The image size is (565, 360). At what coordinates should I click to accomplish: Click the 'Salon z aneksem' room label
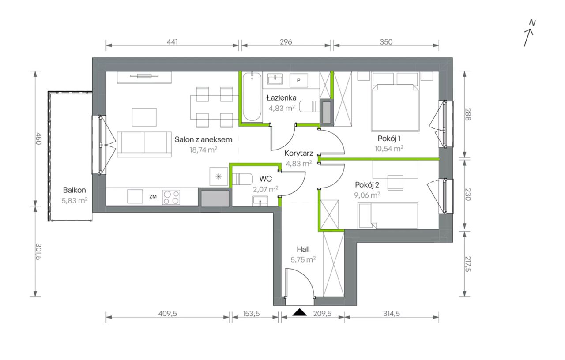(x=203, y=139)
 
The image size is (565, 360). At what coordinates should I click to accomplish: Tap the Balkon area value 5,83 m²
(x=75, y=201)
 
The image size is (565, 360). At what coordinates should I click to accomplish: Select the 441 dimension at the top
(x=172, y=41)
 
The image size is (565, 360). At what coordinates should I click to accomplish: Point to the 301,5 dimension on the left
(x=38, y=251)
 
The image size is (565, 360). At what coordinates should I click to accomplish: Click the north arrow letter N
(x=532, y=22)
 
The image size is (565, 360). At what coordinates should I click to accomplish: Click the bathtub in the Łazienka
(x=252, y=97)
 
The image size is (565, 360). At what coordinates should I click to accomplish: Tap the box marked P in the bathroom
(x=299, y=80)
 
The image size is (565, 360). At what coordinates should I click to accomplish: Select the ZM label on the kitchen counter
(x=153, y=196)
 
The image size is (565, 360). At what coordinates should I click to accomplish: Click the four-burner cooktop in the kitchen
(x=171, y=197)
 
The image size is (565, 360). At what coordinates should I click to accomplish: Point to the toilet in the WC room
(x=242, y=180)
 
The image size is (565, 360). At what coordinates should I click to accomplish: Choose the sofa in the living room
(x=144, y=144)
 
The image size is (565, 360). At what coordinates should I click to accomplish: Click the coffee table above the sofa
(x=144, y=117)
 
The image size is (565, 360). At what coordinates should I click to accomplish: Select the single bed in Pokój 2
(x=388, y=216)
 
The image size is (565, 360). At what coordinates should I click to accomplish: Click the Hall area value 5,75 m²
(x=303, y=259)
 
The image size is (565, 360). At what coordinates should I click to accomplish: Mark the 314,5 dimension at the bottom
(x=392, y=314)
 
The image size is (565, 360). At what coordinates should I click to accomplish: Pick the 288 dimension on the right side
(x=468, y=114)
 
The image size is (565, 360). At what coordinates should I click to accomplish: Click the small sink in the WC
(x=260, y=201)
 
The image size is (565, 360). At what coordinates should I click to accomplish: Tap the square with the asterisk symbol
(x=218, y=176)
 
